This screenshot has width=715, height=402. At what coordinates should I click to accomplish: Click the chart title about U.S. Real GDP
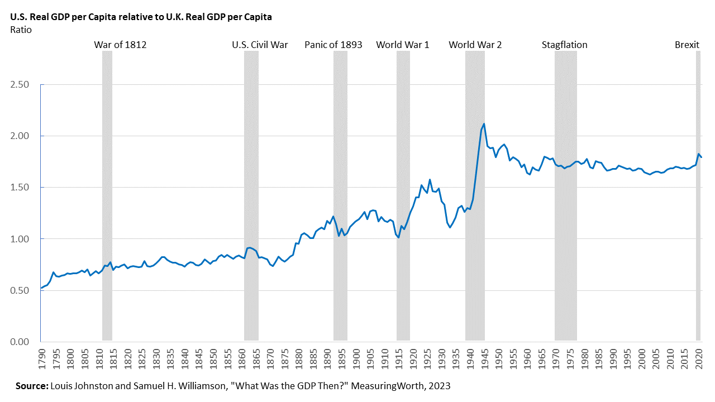click(x=141, y=17)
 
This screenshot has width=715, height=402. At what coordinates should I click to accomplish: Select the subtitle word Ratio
click(x=21, y=30)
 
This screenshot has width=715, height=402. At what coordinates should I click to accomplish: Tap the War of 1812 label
click(x=120, y=45)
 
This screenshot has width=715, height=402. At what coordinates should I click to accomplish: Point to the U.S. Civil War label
click(x=260, y=45)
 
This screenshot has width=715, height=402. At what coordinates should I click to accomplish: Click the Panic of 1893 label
click(x=333, y=45)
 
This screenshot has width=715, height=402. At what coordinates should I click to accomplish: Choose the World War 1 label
click(x=402, y=45)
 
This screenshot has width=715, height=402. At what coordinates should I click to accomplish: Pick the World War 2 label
click(x=475, y=45)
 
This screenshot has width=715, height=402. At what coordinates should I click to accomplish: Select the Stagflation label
click(x=564, y=45)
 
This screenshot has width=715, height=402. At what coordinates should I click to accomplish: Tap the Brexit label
click(x=687, y=45)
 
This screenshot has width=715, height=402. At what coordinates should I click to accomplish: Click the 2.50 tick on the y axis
click(x=20, y=85)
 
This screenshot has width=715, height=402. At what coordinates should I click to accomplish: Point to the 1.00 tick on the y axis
click(x=20, y=239)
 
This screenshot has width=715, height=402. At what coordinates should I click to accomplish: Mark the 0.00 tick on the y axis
click(x=20, y=342)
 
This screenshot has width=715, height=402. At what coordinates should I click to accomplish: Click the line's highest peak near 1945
click(x=484, y=124)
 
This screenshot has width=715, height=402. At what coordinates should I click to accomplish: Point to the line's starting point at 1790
click(x=41, y=288)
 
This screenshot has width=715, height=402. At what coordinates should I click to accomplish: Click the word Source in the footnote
click(x=32, y=386)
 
